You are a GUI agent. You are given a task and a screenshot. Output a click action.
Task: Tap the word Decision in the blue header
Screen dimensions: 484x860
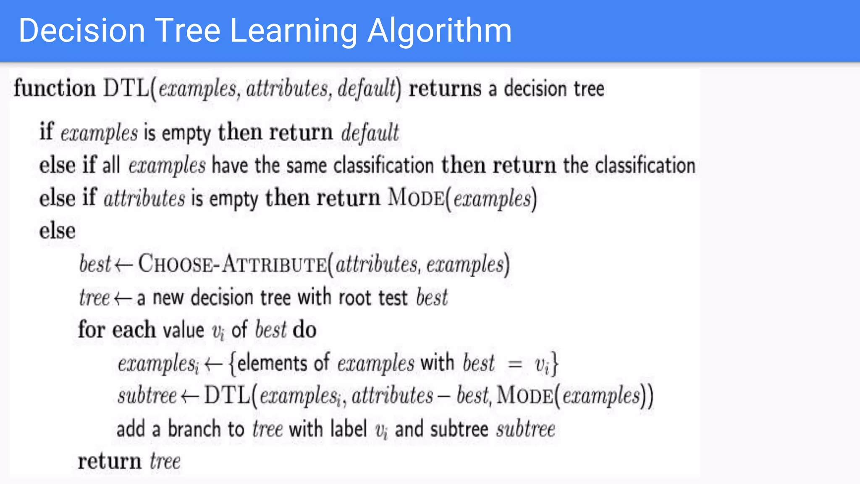pyautogui.click(x=81, y=31)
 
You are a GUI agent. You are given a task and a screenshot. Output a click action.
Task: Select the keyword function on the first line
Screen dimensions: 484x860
pyautogui.click(x=55, y=89)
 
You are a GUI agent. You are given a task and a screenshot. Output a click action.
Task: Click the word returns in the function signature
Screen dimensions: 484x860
pyautogui.click(x=445, y=89)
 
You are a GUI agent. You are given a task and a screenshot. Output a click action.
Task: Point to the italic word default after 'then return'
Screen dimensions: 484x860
pyautogui.click(x=370, y=133)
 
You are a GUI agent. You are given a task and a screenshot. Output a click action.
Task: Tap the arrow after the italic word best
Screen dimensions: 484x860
pyautogui.click(x=123, y=265)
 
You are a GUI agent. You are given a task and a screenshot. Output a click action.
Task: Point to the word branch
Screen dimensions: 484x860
pyautogui.click(x=194, y=429)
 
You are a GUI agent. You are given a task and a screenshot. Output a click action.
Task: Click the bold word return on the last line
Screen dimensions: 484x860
pyautogui.click(x=110, y=461)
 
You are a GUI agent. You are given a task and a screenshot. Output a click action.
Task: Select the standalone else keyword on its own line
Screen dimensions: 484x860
pyautogui.click(x=58, y=231)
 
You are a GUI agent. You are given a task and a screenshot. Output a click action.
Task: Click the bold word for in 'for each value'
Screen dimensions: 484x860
pyautogui.click(x=91, y=329)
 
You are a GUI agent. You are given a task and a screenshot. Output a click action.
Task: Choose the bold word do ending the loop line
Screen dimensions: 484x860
pyautogui.click(x=304, y=330)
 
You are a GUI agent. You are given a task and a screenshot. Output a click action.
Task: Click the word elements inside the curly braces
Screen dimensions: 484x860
pyautogui.click(x=272, y=363)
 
